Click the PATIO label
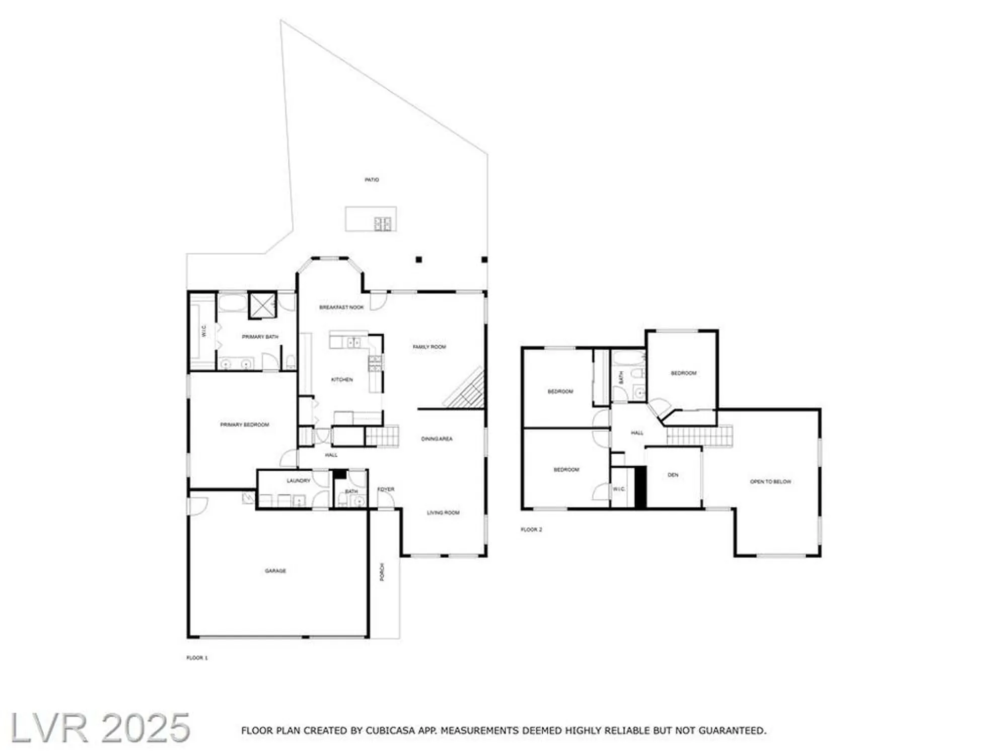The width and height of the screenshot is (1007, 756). point(372,180)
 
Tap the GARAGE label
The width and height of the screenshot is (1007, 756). point(275,571)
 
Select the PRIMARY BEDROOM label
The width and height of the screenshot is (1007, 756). point(245,425)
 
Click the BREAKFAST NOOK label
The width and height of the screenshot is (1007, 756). point(341,307)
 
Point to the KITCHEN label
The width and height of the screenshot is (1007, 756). point(342,380)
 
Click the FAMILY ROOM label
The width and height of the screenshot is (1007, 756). point(429,347)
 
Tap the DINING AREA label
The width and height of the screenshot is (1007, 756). point(437,439)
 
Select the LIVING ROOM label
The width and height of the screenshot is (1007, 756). point(443,513)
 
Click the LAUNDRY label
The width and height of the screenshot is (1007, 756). point(299,481)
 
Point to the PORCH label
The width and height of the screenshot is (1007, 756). point(382,572)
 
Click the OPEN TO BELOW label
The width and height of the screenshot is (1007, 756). point(770,482)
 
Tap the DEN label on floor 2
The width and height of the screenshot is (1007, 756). point(673,475)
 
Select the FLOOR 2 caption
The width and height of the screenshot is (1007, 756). point(531,530)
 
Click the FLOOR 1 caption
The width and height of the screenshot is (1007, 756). point(197,658)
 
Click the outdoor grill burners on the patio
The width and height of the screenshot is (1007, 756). point(383,223)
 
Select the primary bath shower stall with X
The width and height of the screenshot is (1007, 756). point(262,304)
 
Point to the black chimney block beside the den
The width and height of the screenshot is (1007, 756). point(640,487)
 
